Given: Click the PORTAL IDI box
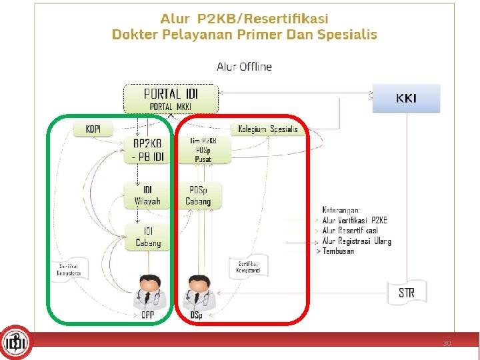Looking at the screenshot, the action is coord(171,98).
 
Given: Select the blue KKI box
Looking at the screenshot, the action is coord(407,98).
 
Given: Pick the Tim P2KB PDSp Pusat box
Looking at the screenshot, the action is coord(203,150).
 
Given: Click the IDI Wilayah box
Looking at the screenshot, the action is coord(143,195).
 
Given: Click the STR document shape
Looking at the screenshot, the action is coord(407,292).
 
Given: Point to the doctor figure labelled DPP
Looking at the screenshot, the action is coord(148,291).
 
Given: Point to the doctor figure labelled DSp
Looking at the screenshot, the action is coord(197,291).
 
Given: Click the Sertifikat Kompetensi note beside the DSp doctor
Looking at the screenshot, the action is coord(248,267).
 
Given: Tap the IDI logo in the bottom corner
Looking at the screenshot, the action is coord(15,343).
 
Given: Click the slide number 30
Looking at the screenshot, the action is coord(447,343).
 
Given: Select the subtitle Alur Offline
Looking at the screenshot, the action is coord(244,67).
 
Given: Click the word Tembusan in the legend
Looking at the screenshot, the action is coord(338,251).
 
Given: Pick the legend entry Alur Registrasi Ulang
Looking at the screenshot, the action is coord(357,241).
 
